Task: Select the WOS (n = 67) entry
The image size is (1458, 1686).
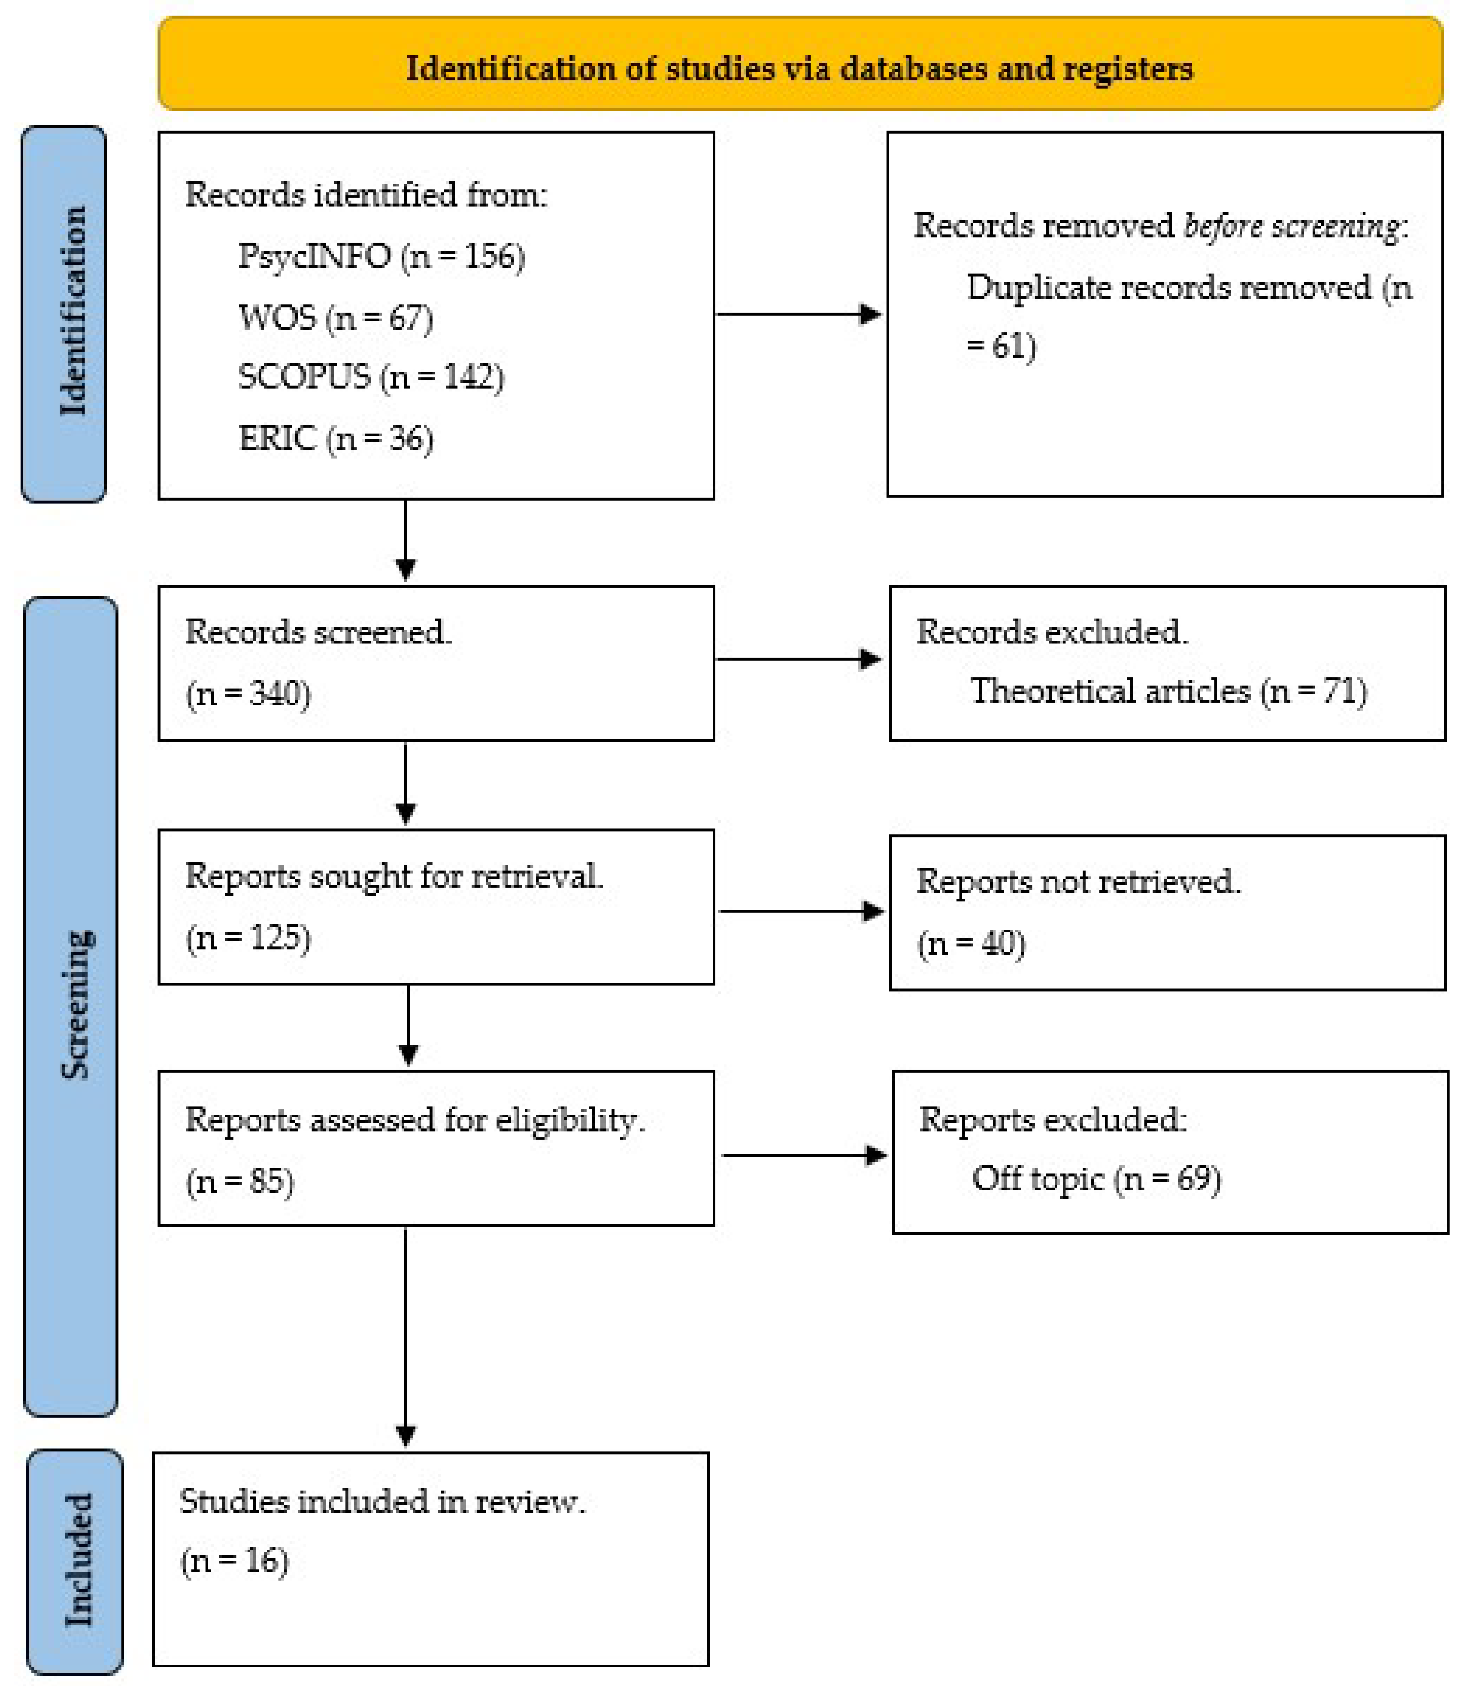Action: [x=335, y=317]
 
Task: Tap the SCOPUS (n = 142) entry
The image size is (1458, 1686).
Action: [x=370, y=377]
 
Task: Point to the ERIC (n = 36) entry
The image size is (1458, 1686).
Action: [x=335, y=439]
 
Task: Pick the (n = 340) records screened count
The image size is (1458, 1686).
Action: [x=248, y=693]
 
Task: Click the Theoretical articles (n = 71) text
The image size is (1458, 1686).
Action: [x=1168, y=691]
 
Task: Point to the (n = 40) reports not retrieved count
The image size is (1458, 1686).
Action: [x=972, y=943]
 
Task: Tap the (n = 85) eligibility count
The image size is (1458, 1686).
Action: [x=240, y=1181]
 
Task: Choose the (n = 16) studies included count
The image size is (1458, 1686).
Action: [x=234, y=1560]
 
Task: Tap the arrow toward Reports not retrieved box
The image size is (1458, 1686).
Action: [x=801, y=911]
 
